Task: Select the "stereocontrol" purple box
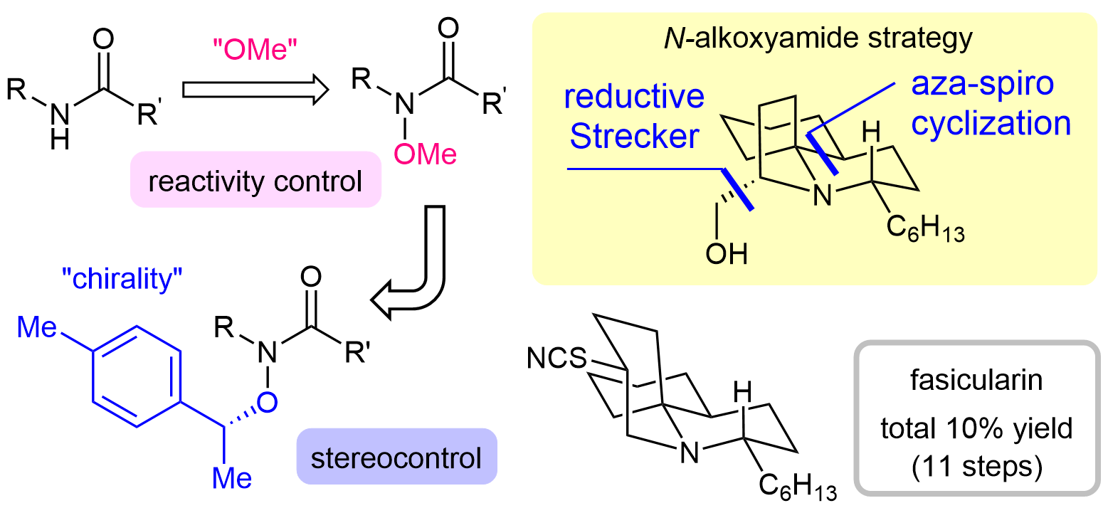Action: pos(395,457)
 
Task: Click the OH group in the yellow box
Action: pos(727,254)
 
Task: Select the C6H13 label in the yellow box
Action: pos(925,228)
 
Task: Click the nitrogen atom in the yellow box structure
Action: pos(823,196)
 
